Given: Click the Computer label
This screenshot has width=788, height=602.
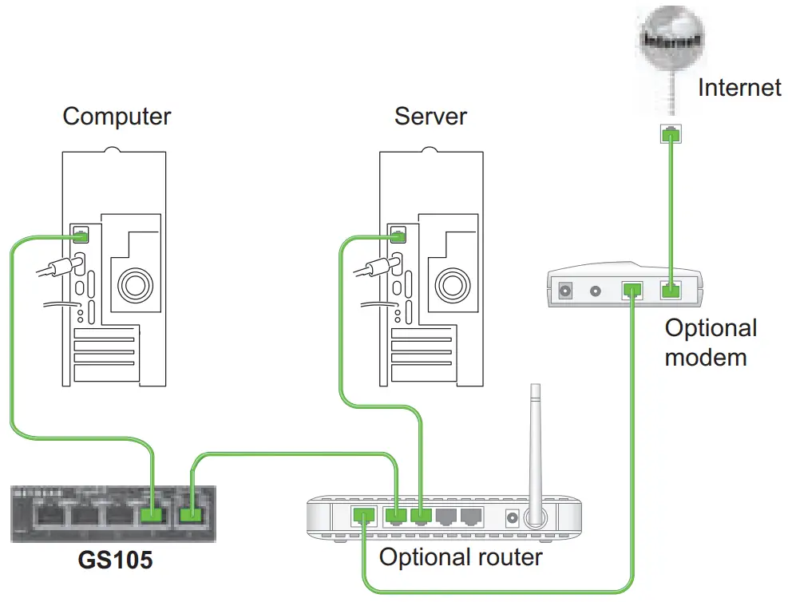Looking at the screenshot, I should (x=117, y=117).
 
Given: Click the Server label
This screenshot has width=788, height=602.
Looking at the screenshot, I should (x=430, y=117).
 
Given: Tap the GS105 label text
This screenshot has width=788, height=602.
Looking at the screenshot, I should (x=115, y=560).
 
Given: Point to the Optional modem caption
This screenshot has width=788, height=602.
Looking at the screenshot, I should (x=710, y=342).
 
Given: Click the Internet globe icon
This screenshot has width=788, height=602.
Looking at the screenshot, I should (x=674, y=41).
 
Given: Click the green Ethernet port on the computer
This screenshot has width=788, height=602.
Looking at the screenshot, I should (x=81, y=235).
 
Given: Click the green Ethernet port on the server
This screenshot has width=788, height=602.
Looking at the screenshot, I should (x=398, y=235).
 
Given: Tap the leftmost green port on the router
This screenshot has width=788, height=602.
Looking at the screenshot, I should (x=364, y=517).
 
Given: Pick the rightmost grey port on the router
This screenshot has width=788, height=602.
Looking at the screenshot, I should (x=473, y=517).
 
